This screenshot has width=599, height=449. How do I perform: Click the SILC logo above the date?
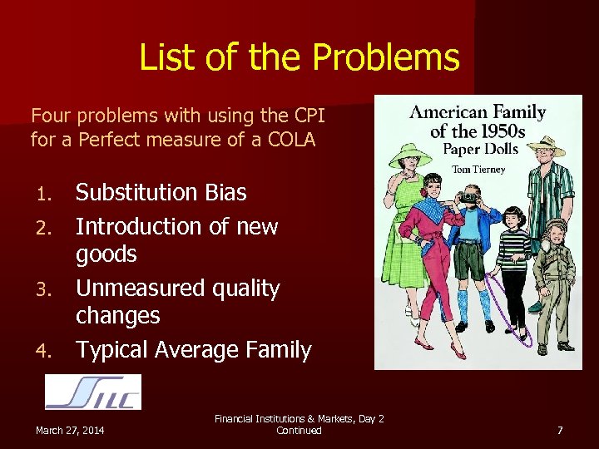(x=92, y=392)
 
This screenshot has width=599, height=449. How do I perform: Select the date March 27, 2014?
(x=70, y=430)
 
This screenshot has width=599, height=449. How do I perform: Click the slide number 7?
(x=560, y=430)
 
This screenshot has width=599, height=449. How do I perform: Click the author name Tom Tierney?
(x=478, y=170)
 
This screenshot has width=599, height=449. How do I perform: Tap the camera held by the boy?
(x=468, y=196)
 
